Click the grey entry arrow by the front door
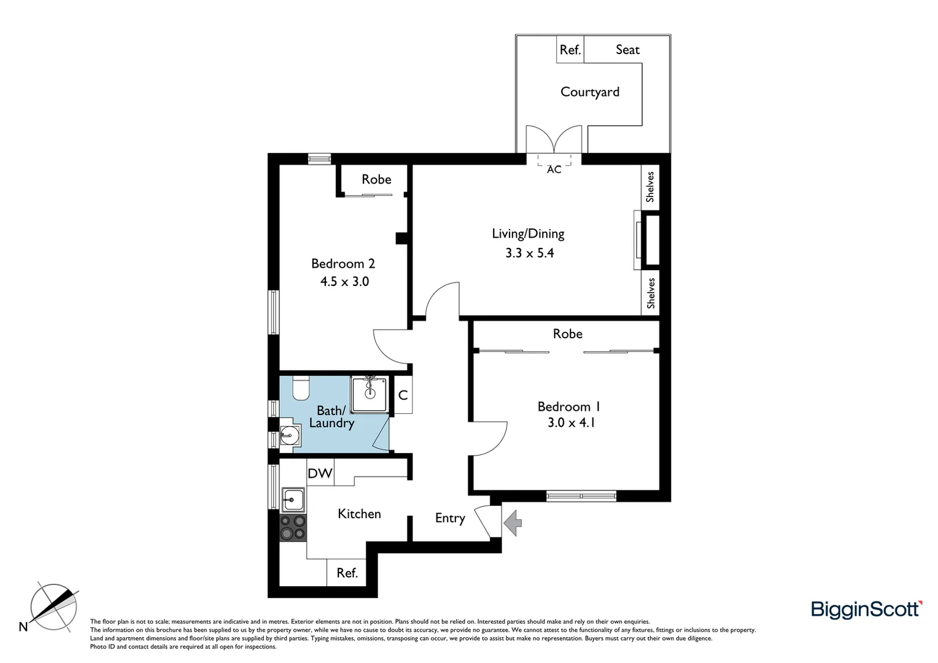513,523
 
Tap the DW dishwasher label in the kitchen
320,473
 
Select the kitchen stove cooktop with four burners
293,527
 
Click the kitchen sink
293,500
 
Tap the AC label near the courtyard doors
554,169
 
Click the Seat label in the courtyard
627,50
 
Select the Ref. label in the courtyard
570,50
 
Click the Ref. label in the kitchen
347,573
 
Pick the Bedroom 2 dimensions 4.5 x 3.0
344,282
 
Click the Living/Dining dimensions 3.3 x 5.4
529,253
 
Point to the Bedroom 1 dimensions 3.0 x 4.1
571,422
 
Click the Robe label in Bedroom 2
376,179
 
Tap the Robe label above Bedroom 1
567,334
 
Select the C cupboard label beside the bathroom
403,395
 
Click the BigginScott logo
866,609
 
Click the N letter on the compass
23,627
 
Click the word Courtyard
590,92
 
